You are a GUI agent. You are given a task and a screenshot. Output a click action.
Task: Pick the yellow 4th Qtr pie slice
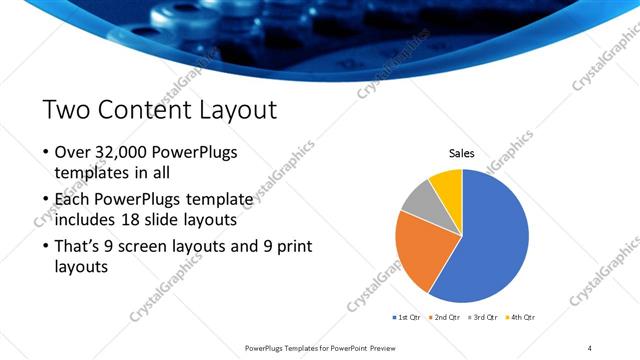click(446, 185)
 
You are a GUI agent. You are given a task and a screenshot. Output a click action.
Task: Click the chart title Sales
click(461, 153)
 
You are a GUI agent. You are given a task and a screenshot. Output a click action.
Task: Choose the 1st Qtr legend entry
click(408, 317)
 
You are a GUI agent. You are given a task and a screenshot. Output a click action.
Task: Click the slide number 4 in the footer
click(590, 347)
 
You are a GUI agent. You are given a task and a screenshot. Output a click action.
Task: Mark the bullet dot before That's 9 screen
click(46, 246)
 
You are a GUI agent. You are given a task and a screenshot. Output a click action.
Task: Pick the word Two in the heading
click(67, 109)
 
